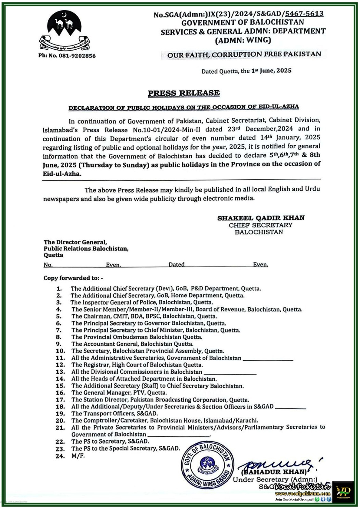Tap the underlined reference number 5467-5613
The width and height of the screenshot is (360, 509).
point(304,14)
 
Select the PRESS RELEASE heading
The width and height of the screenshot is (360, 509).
point(184,93)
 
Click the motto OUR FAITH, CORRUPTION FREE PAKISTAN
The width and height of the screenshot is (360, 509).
point(244,54)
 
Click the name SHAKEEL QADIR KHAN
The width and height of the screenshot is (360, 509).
point(261,218)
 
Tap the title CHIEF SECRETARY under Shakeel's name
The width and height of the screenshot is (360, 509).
point(260,225)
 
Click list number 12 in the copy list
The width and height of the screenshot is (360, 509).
point(60,365)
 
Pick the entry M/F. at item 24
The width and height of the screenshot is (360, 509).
point(78,456)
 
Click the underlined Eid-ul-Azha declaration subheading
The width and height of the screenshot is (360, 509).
point(184,107)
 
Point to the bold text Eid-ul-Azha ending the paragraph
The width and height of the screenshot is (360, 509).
point(62,174)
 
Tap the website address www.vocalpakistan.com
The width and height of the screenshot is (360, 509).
point(302,494)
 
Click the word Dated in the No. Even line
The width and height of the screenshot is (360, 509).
point(176,264)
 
